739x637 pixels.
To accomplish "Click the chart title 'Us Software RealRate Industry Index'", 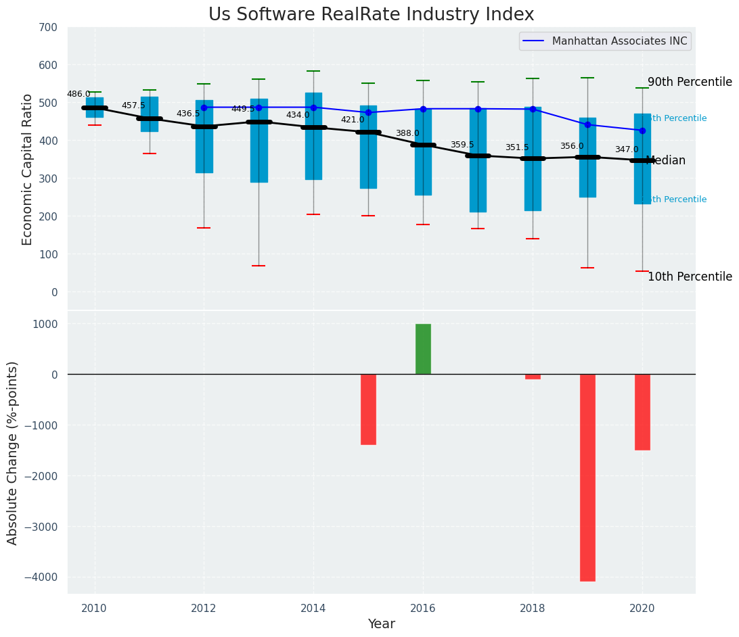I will coord(371,15).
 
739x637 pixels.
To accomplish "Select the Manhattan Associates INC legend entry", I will coord(605,41).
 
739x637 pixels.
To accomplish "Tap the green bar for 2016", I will coord(423,349).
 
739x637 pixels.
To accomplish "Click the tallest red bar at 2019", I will coord(587,477).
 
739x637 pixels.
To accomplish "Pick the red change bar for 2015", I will coord(368,409).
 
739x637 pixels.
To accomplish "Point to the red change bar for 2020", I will coord(642,412).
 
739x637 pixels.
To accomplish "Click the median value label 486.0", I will coord(79,94).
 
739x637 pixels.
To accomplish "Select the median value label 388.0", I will coord(407,133).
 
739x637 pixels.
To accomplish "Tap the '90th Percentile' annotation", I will coord(690,82).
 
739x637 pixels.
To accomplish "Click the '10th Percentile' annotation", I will coord(690,277).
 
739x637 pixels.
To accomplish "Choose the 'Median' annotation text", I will coord(666,160).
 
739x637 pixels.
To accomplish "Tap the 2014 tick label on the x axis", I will coord(313,608).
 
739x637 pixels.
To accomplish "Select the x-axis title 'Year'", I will coord(381,624).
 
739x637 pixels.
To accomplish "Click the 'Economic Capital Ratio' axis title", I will coord(28,169).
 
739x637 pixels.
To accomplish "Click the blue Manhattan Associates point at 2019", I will coord(587,124).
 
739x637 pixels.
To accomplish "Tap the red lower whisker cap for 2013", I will coord(259,266).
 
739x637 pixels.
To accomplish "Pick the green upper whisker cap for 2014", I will coord(313,71).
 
